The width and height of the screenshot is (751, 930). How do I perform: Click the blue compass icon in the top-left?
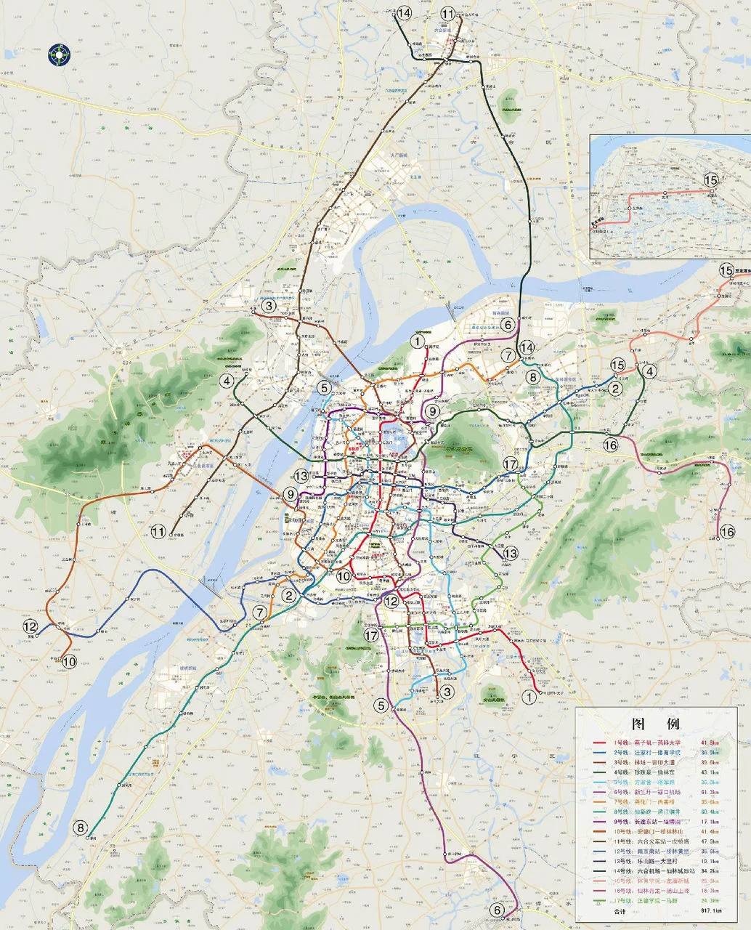pos(59,54)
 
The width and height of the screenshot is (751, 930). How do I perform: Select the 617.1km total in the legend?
pos(711,910)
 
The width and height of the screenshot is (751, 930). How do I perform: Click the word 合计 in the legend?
pos(620,911)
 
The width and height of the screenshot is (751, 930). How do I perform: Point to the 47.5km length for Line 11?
pos(710,841)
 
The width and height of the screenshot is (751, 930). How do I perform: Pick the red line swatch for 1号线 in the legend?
pos(600,743)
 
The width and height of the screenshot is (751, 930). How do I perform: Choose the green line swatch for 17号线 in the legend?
pos(600,901)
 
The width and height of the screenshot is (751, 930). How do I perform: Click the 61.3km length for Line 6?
pos(710,792)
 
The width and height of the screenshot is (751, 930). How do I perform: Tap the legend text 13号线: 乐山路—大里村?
pos(646,861)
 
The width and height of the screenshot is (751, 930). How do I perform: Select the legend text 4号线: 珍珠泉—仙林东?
pos(646,772)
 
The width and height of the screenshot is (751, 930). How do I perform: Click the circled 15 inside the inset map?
pos(710,180)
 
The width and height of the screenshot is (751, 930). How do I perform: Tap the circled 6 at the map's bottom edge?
pos(498,909)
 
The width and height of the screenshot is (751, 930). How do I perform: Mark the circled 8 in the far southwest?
pos(80,827)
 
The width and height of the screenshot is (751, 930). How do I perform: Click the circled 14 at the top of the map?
pos(404,13)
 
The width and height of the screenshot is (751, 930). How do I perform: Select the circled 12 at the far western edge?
pos(31,626)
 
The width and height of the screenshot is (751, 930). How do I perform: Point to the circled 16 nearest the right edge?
pos(728,533)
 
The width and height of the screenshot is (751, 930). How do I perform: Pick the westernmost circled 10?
pos(70,661)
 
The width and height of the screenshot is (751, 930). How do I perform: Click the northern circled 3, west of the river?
pos(269,306)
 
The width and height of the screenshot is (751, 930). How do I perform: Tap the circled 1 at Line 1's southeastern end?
pos(529,697)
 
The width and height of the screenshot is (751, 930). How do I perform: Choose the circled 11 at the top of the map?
pos(447,13)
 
